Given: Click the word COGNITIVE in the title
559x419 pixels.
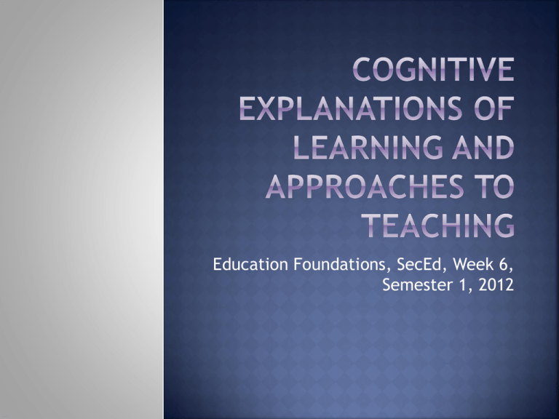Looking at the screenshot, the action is tap(434, 69).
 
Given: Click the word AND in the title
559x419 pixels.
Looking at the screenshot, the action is tap(484, 147).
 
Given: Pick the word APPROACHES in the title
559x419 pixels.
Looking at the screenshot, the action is tap(365, 186).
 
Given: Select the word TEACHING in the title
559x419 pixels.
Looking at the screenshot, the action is tap(438, 226).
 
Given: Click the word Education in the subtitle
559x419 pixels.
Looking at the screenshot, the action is tap(250, 264).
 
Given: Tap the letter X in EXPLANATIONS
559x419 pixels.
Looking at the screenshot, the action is tap(266, 108).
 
